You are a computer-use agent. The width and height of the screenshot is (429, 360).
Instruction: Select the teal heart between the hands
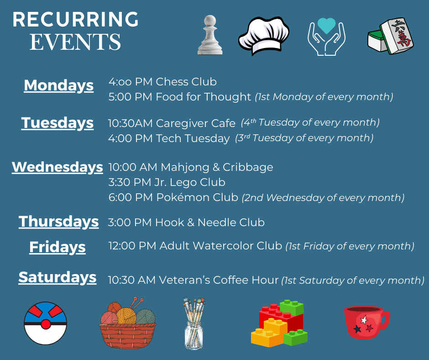pos(326,26)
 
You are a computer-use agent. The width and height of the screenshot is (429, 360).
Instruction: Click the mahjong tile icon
pos(391,37)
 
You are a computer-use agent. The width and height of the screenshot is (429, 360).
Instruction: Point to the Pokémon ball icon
pos(46,323)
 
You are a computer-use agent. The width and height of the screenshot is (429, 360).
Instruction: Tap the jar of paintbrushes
pos(194,323)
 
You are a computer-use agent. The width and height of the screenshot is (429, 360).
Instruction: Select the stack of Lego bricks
pos(279,323)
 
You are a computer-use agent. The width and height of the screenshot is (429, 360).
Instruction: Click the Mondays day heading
pos(58,85)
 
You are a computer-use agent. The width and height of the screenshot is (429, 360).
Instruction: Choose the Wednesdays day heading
pos(58,167)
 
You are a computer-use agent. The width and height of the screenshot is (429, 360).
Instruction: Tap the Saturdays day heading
pos(58,277)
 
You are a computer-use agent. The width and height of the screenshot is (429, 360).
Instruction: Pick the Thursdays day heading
pos(58,222)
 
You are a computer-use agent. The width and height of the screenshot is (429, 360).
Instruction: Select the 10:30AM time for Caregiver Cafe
pos(130,124)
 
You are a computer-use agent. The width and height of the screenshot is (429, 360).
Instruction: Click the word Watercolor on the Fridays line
pos(221,246)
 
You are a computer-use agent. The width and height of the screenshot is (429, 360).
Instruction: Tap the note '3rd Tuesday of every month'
pos(304,138)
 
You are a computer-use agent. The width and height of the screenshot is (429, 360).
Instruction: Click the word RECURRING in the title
pos(76,20)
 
